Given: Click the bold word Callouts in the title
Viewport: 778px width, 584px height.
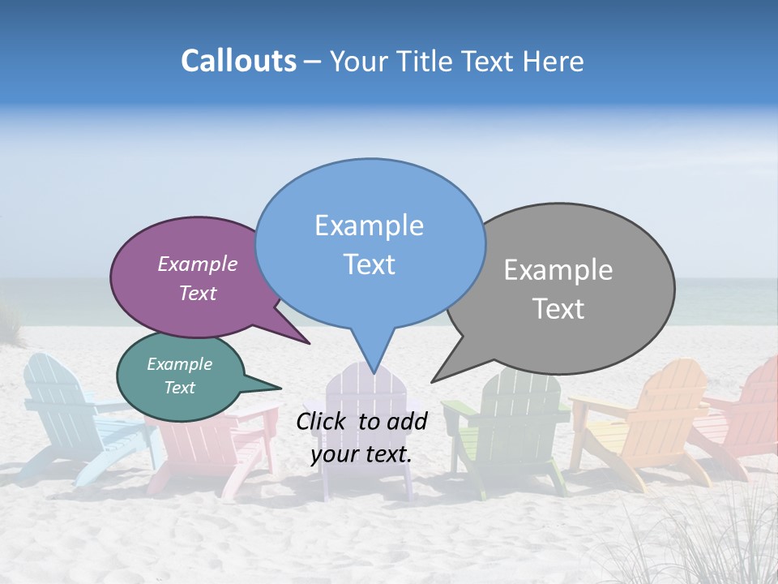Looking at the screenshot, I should click(238, 61).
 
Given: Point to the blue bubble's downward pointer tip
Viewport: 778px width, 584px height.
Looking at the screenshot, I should click(373, 372).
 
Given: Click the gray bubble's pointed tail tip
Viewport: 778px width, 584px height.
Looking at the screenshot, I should click(432, 382).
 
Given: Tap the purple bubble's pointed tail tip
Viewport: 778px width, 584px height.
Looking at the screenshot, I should click(310, 343).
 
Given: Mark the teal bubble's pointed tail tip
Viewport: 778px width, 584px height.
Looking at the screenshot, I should click(280, 388).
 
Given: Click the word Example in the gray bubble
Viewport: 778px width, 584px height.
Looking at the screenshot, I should click(558, 270).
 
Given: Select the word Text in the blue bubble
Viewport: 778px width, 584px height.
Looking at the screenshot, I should click(370, 264).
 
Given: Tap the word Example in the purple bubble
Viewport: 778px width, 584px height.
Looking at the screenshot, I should click(198, 264).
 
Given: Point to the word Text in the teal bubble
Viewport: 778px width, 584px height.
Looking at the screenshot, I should click(180, 388).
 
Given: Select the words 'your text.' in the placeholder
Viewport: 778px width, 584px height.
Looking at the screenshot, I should click(361, 454).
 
